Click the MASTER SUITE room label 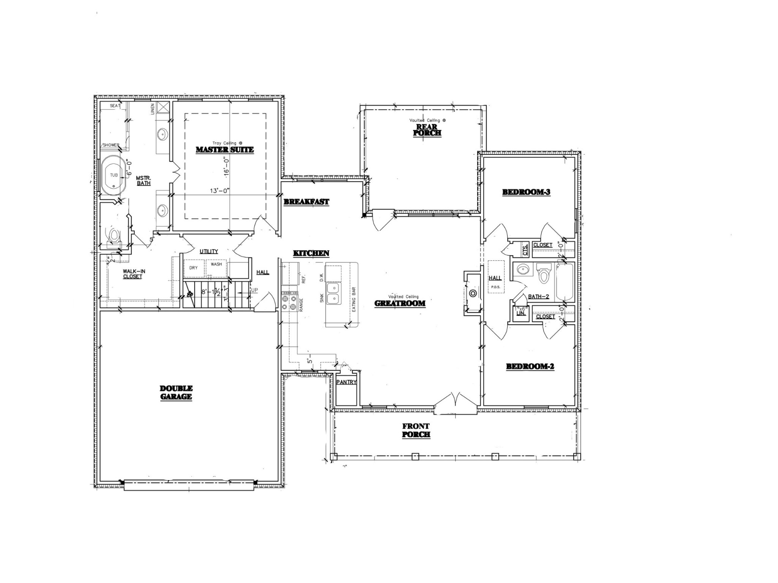(225, 150)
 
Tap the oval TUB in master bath (114, 175)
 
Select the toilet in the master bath (114, 236)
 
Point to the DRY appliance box (194, 268)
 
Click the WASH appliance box (217, 265)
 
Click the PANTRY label (346, 382)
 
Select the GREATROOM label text (400, 303)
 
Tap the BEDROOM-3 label (526, 192)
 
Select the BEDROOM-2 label (530, 366)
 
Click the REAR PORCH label (427, 130)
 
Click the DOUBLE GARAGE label (176, 392)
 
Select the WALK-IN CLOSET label (133, 274)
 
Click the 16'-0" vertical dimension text (227, 165)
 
